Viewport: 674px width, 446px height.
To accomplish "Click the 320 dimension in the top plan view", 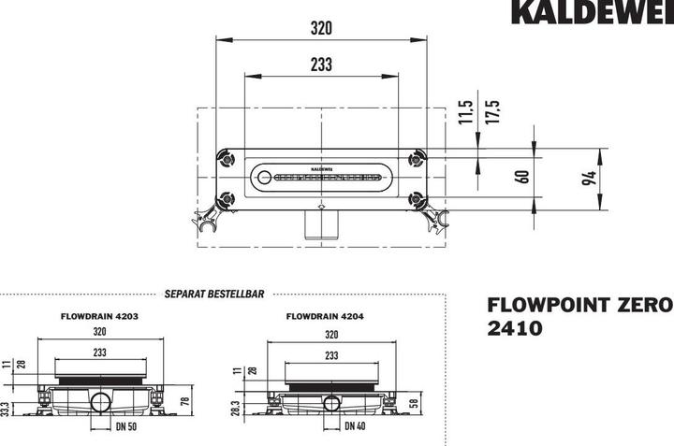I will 321,28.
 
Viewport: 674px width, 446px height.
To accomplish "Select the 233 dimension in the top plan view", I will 321,64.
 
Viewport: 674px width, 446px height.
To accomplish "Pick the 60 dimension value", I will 523,175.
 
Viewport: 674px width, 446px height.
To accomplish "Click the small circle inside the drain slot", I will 264,176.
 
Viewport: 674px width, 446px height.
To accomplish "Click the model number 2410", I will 513,328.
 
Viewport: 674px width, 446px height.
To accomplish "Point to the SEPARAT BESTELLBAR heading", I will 213,293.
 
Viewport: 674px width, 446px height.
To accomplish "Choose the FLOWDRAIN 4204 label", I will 325,316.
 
